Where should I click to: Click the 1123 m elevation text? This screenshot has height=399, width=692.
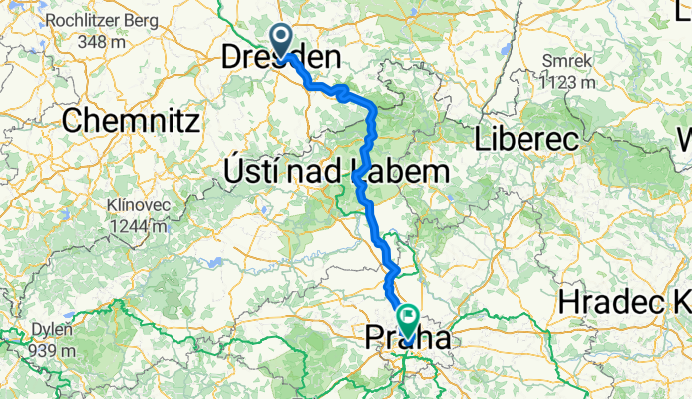[x=567, y=81]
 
